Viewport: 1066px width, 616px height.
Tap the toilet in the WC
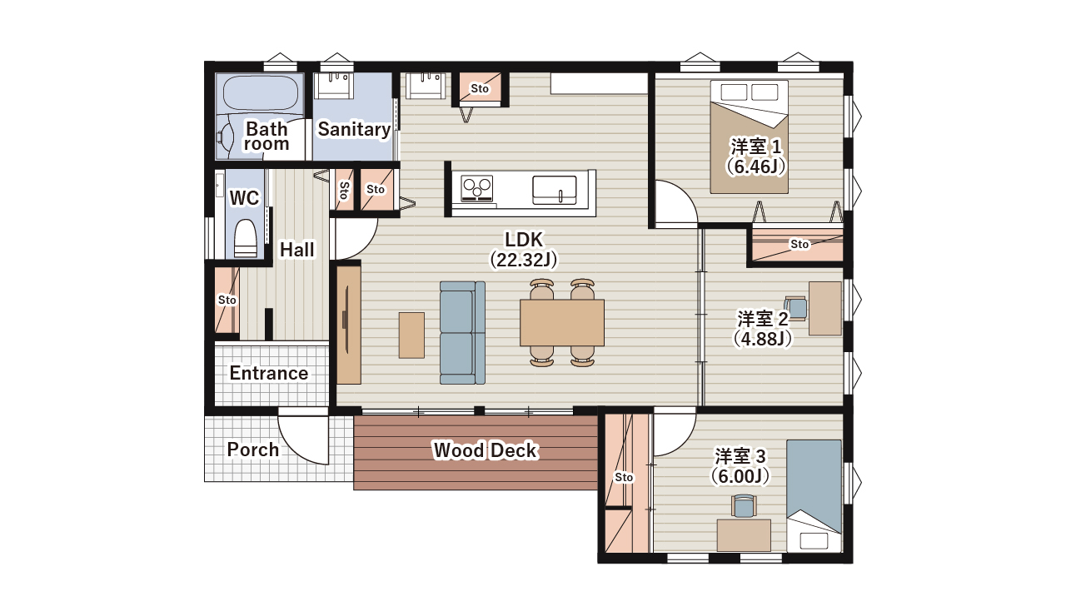tap(246, 238)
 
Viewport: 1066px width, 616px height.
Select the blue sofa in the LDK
tap(462, 332)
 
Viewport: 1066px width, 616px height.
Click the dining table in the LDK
tap(562, 322)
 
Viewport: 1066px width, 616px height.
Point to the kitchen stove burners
tap(477, 187)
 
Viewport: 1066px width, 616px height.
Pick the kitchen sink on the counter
tap(555, 190)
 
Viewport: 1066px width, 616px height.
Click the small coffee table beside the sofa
tap(411, 335)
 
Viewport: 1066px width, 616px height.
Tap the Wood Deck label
tap(486, 450)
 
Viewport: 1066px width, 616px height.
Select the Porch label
tap(252, 450)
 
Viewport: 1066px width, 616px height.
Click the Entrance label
tap(269, 373)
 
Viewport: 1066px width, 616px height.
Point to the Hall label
tap(297, 249)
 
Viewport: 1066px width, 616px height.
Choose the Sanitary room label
tap(354, 129)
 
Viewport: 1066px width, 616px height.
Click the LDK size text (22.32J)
tap(524, 260)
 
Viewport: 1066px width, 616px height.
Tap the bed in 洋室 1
tap(749, 137)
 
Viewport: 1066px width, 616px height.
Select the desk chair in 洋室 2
tap(795, 308)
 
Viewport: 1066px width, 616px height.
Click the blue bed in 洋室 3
tap(814, 495)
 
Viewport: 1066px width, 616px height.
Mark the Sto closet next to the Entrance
tap(227, 300)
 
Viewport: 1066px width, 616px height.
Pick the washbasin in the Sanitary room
tap(334, 86)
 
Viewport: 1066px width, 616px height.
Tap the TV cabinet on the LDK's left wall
tap(349, 325)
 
